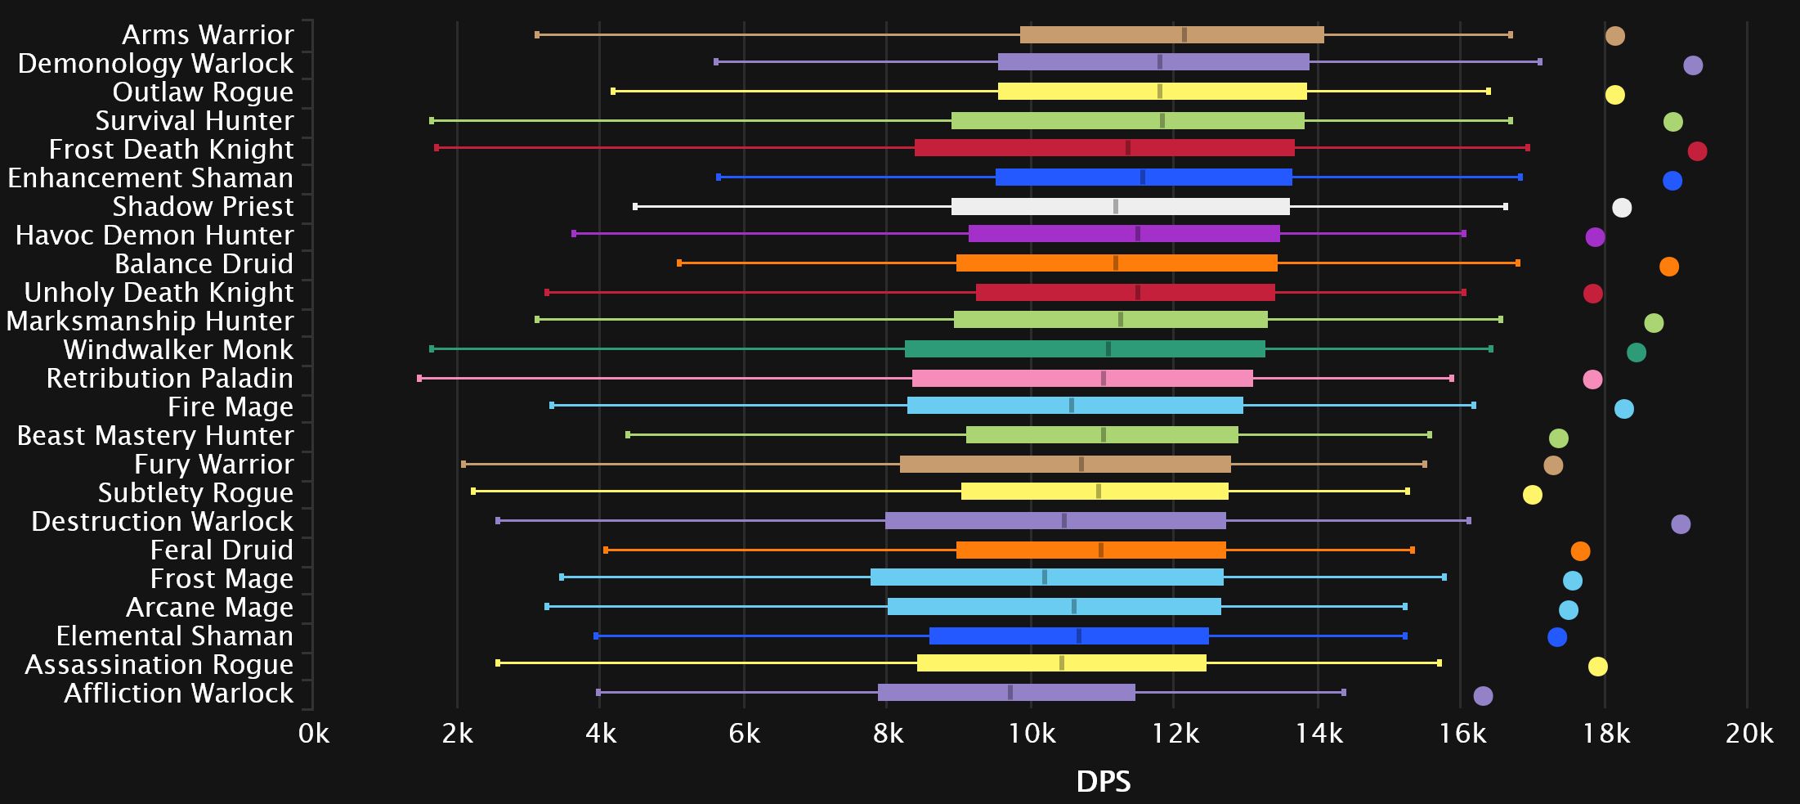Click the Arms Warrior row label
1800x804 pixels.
point(208,35)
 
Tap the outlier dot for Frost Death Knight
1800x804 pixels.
point(1697,151)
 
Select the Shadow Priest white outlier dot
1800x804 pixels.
point(1622,208)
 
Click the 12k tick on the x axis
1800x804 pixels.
point(1175,734)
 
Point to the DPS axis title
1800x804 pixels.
point(1104,782)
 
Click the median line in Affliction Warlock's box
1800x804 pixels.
point(1010,693)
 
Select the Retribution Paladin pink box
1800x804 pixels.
point(1082,379)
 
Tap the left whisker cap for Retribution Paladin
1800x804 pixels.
point(419,379)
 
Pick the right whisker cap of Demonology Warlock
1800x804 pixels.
point(1540,62)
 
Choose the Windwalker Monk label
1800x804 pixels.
point(178,350)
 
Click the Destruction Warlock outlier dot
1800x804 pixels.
point(1681,524)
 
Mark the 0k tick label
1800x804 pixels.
point(314,734)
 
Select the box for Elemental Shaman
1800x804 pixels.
point(1068,636)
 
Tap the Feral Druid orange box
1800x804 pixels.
point(1090,550)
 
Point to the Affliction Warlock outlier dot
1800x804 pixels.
point(1483,696)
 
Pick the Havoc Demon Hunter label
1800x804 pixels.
point(154,236)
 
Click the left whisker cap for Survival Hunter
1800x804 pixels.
point(432,121)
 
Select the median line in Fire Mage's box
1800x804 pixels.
point(1072,406)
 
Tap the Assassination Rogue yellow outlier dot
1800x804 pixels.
point(1597,667)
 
